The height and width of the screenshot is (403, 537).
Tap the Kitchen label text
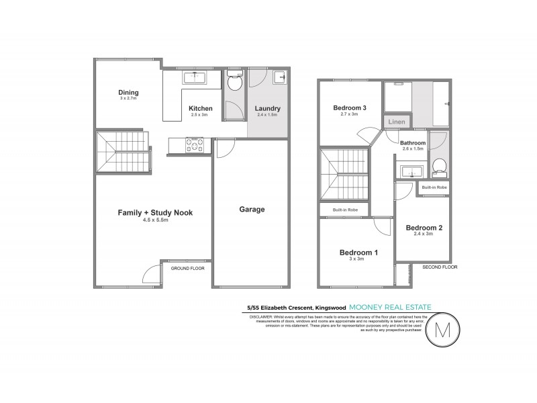click(200, 108)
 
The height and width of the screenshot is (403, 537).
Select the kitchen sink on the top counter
click(196, 78)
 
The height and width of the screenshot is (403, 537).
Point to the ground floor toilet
click(234, 83)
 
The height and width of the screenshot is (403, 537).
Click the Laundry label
click(267, 108)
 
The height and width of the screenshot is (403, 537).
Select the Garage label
click(252, 210)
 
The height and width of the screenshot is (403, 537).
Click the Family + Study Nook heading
click(155, 212)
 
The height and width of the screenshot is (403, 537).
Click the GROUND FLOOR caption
click(188, 267)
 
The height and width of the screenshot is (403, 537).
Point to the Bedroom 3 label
click(350, 107)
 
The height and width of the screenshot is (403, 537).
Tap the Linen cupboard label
click(397, 122)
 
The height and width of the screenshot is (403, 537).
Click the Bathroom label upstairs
click(413, 143)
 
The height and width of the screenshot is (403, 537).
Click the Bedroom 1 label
click(358, 253)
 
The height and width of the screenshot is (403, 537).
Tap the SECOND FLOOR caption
click(439, 267)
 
